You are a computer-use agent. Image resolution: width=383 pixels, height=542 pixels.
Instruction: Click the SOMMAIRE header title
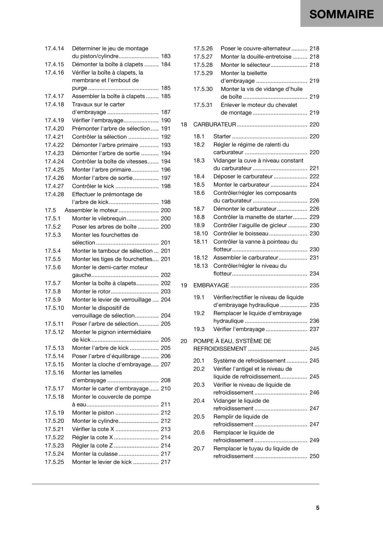click(341, 14)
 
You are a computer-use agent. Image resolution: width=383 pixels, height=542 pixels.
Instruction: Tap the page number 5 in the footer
click(318, 508)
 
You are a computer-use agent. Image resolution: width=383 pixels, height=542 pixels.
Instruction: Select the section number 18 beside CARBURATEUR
click(184, 125)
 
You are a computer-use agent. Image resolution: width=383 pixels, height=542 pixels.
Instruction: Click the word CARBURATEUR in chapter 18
click(215, 125)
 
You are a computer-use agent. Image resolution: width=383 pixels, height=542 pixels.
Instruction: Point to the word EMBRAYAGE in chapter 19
click(211, 286)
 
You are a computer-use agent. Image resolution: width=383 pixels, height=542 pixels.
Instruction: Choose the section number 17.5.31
click(203, 105)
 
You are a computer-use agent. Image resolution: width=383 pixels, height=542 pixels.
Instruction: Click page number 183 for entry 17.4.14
click(166, 56)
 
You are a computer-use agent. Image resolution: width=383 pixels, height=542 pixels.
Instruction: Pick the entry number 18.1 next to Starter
click(199, 137)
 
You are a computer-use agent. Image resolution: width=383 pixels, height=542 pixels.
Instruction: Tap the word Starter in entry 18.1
click(222, 137)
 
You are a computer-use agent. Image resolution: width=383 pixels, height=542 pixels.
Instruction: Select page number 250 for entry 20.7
click(314, 456)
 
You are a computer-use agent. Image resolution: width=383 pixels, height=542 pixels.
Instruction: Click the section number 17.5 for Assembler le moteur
click(50, 210)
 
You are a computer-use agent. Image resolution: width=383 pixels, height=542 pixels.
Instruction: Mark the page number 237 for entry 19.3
click(314, 329)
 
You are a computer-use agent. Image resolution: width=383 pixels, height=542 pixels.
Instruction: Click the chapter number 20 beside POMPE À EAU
click(184, 341)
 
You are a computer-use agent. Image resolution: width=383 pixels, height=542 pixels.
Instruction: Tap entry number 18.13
click(201, 266)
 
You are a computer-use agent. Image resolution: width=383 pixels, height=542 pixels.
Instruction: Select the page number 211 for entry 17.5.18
click(166, 404)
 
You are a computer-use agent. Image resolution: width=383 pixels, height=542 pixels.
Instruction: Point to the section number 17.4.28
click(54, 194)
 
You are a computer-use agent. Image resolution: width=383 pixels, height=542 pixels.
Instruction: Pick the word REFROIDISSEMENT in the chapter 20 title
click(220, 349)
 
